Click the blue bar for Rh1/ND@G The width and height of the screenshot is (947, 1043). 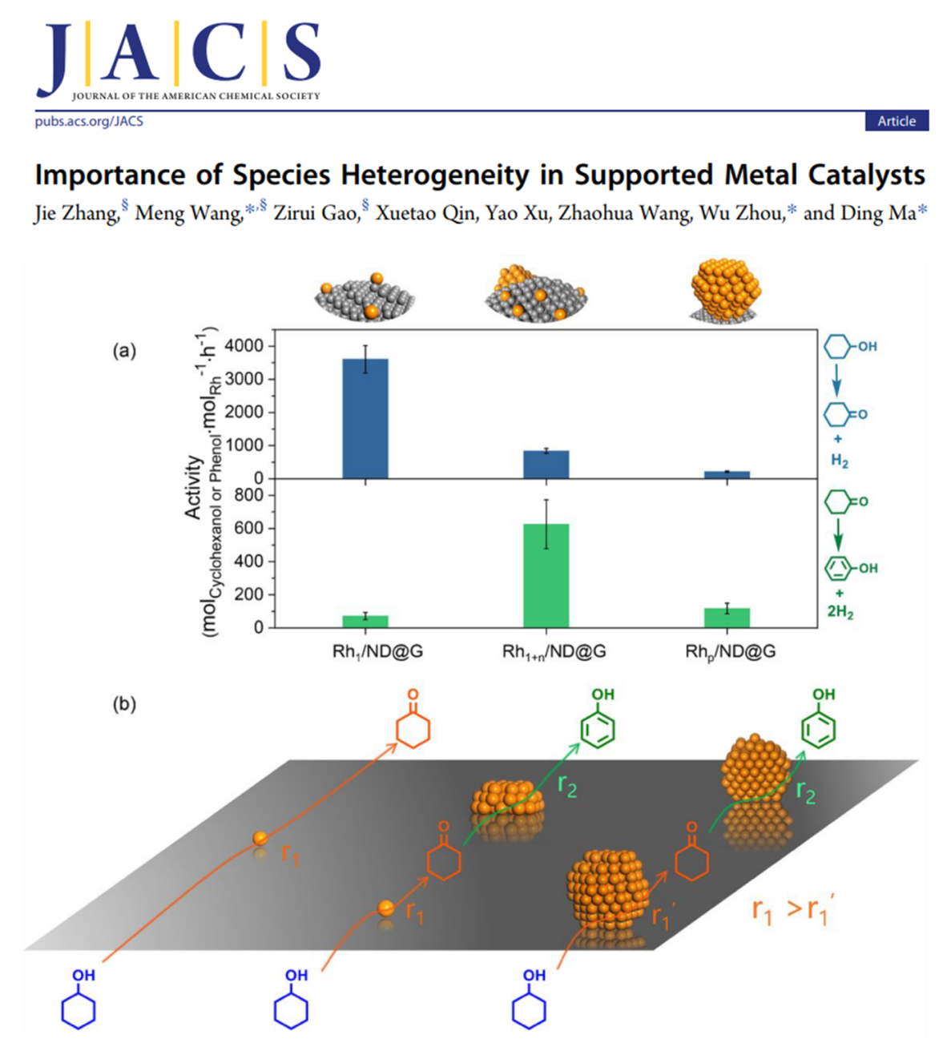click(x=365, y=418)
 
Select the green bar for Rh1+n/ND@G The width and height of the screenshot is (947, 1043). click(x=546, y=575)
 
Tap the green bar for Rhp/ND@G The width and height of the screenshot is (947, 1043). click(x=727, y=618)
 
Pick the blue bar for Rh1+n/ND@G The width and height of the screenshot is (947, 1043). click(x=546, y=465)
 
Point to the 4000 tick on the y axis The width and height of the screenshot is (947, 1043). click(x=243, y=346)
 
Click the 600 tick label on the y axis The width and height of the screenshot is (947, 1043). click(x=249, y=528)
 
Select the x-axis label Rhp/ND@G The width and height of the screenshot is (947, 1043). click(x=730, y=651)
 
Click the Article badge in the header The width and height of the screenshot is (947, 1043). click(x=896, y=121)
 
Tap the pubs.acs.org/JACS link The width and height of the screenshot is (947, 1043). click(x=89, y=122)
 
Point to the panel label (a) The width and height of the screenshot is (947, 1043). click(x=124, y=351)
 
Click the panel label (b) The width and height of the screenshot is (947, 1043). click(x=124, y=704)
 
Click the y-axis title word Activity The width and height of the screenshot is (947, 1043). click(x=193, y=487)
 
